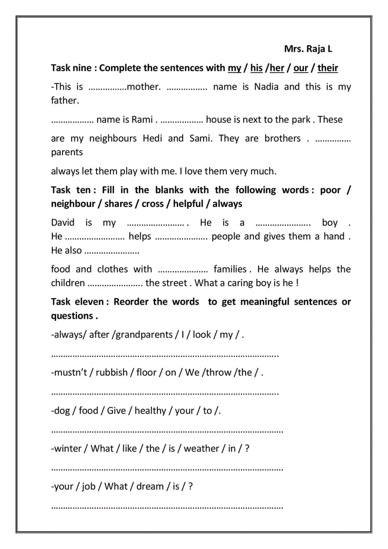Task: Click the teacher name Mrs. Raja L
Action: (x=308, y=49)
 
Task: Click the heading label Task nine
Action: (x=73, y=68)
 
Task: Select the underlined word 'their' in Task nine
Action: (x=328, y=68)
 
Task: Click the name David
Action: (x=63, y=223)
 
